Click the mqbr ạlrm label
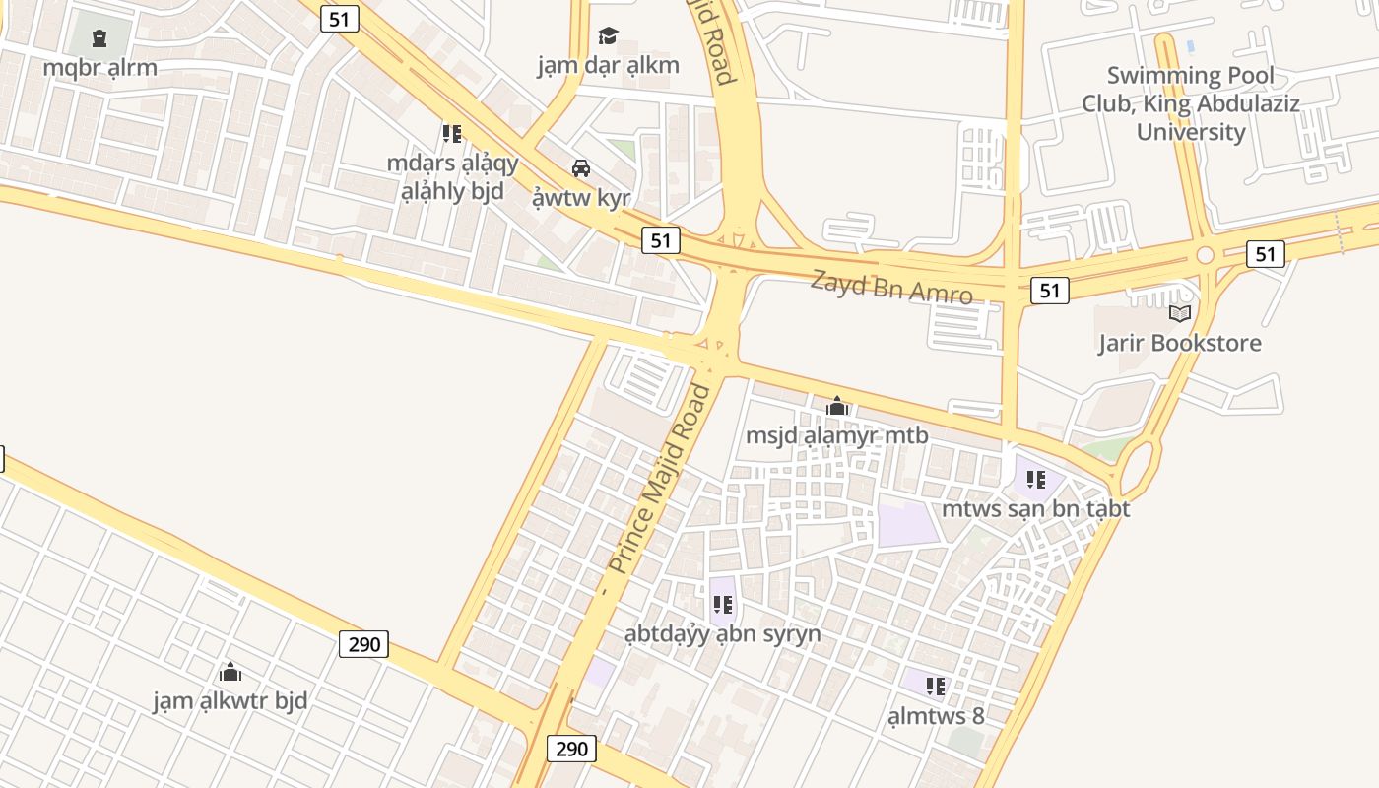tap(99, 68)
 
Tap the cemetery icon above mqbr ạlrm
tap(98, 38)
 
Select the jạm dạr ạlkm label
tap(608, 65)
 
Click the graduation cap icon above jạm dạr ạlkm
tap(608, 36)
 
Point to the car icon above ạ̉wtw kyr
tap(581, 167)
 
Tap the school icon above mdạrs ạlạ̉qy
tap(452, 133)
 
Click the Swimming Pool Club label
tap(1190, 103)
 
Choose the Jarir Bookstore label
tap(1180, 343)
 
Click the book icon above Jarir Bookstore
tap(1179, 314)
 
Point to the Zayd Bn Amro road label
tap(891, 287)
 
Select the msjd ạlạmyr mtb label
tap(836, 434)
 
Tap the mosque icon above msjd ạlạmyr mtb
tap(836, 406)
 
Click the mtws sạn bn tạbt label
tap(1035, 508)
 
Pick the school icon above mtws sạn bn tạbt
tap(1035, 480)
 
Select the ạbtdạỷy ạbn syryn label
tap(722, 633)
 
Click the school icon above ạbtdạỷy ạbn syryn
tap(722, 605)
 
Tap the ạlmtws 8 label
tap(936, 715)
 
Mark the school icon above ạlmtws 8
tap(936, 687)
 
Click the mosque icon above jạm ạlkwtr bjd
tap(230, 672)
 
